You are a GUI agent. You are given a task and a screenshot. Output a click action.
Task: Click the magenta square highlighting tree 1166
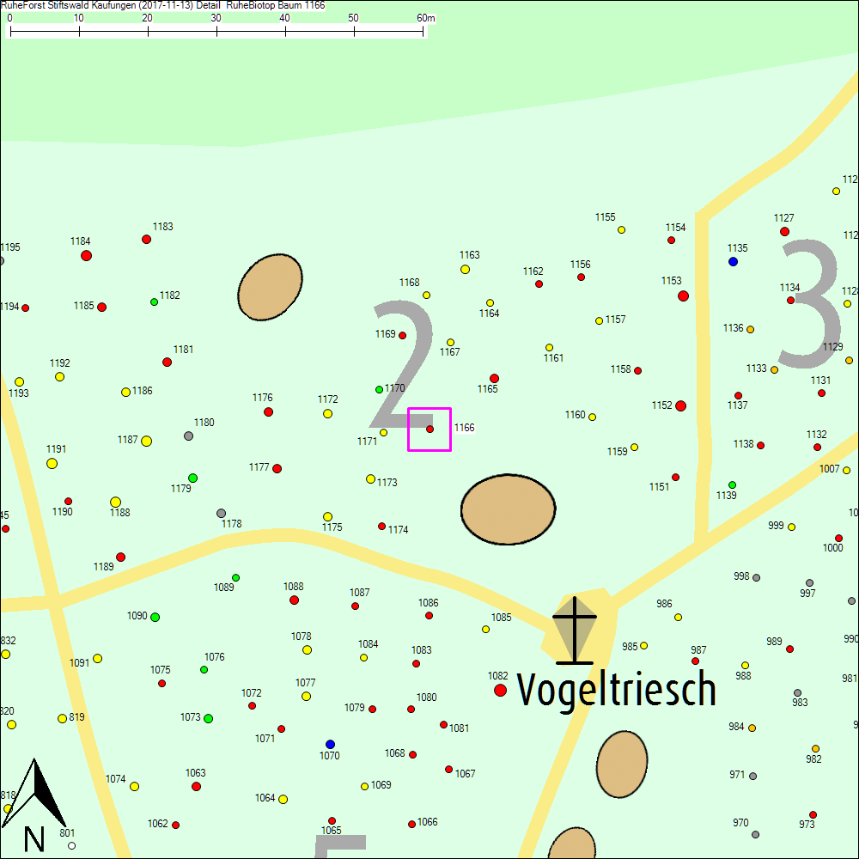[429, 429]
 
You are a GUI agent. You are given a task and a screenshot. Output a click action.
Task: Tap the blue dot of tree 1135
[733, 261]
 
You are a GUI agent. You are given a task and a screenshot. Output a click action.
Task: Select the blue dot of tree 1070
[330, 744]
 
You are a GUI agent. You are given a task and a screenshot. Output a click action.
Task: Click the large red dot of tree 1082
[500, 690]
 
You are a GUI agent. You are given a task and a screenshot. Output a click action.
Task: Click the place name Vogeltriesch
[616, 689]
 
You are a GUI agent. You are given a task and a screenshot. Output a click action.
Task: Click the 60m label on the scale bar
[425, 18]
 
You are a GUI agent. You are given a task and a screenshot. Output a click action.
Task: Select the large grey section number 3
[809, 304]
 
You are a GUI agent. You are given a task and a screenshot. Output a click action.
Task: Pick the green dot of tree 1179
[192, 478]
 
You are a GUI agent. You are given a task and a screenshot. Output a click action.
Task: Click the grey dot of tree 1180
[188, 436]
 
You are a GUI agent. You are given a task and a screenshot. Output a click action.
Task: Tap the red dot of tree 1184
[86, 255]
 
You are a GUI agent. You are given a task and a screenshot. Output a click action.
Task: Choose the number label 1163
[469, 255]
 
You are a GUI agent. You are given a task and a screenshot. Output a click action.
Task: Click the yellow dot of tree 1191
[52, 463]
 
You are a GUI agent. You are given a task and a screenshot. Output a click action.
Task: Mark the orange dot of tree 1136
[750, 329]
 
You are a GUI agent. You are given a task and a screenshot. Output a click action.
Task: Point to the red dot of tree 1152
[680, 405]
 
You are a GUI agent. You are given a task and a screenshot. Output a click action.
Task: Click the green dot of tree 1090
[155, 617]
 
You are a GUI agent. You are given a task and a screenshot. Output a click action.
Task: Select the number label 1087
[359, 593]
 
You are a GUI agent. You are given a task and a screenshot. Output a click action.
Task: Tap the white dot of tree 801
[72, 845]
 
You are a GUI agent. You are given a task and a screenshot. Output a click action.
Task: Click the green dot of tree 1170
[379, 389]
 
